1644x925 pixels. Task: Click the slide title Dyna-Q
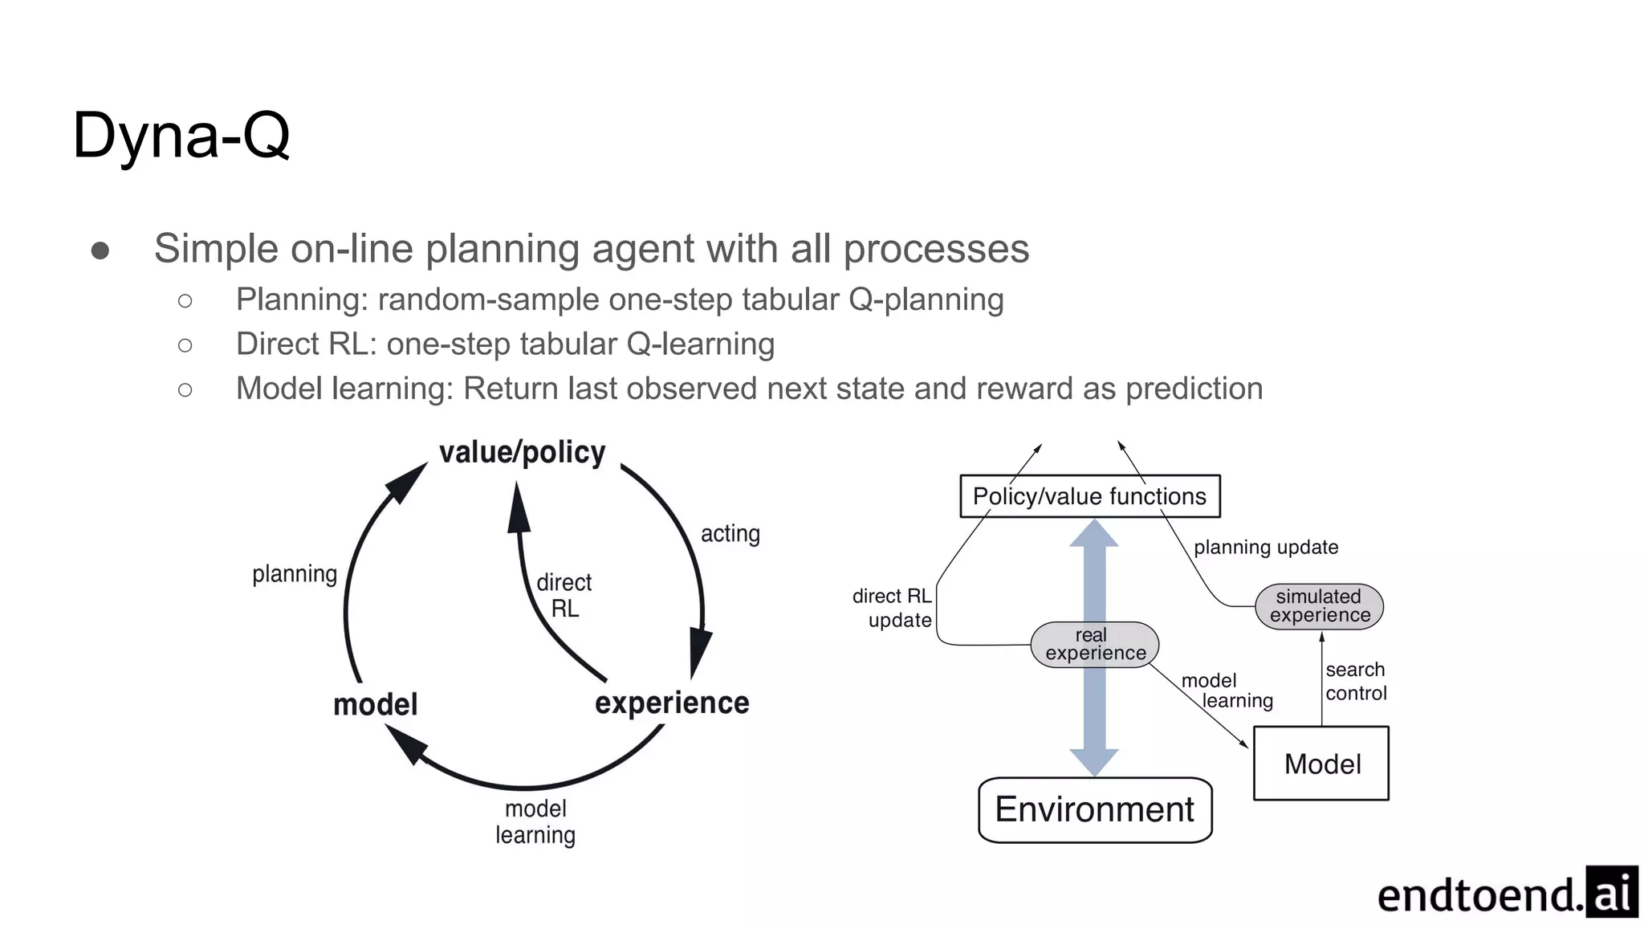click(181, 136)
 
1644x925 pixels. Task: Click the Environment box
click(1094, 809)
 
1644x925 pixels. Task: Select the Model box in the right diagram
click(1321, 764)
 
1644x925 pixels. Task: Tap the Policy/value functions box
click(1089, 496)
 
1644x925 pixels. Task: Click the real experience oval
click(1095, 645)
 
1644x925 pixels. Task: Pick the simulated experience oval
click(1319, 606)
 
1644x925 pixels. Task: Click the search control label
click(1355, 681)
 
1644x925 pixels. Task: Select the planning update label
click(1265, 548)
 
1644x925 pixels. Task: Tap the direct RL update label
click(892, 608)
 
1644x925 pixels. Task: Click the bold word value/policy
click(522, 452)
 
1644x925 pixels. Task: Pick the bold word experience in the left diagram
click(672, 703)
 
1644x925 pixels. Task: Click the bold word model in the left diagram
click(375, 704)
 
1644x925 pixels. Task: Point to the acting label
click(730, 534)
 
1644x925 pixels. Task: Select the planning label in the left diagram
click(295, 574)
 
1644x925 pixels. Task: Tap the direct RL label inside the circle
click(564, 595)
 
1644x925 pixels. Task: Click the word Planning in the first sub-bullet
click(301, 300)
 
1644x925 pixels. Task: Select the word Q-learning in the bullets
click(700, 344)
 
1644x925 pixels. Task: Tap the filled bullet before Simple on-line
click(100, 251)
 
